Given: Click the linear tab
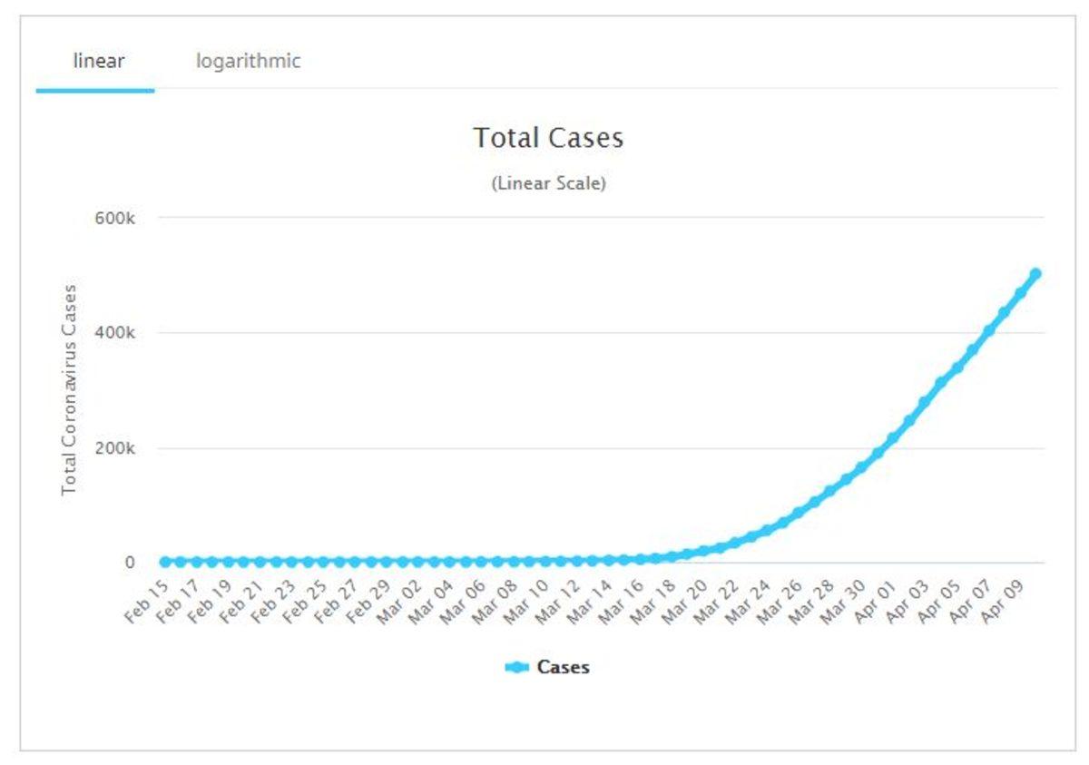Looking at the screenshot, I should pyautogui.click(x=98, y=62).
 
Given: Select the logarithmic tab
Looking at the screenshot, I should pyautogui.click(x=248, y=62).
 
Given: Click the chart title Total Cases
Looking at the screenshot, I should pyautogui.click(x=548, y=138).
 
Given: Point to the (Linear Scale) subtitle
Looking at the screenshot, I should pyautogui.click(x=548, y=183).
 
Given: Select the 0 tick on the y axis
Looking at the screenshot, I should pyautogui.click(x=130, y=563).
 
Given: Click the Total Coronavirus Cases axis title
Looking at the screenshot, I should pyautogui.click(x=69, y=389).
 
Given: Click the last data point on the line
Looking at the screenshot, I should pyautogui.click(x=1035, y=274).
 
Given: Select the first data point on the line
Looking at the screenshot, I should pyautogui.click(x=165, y=563).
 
